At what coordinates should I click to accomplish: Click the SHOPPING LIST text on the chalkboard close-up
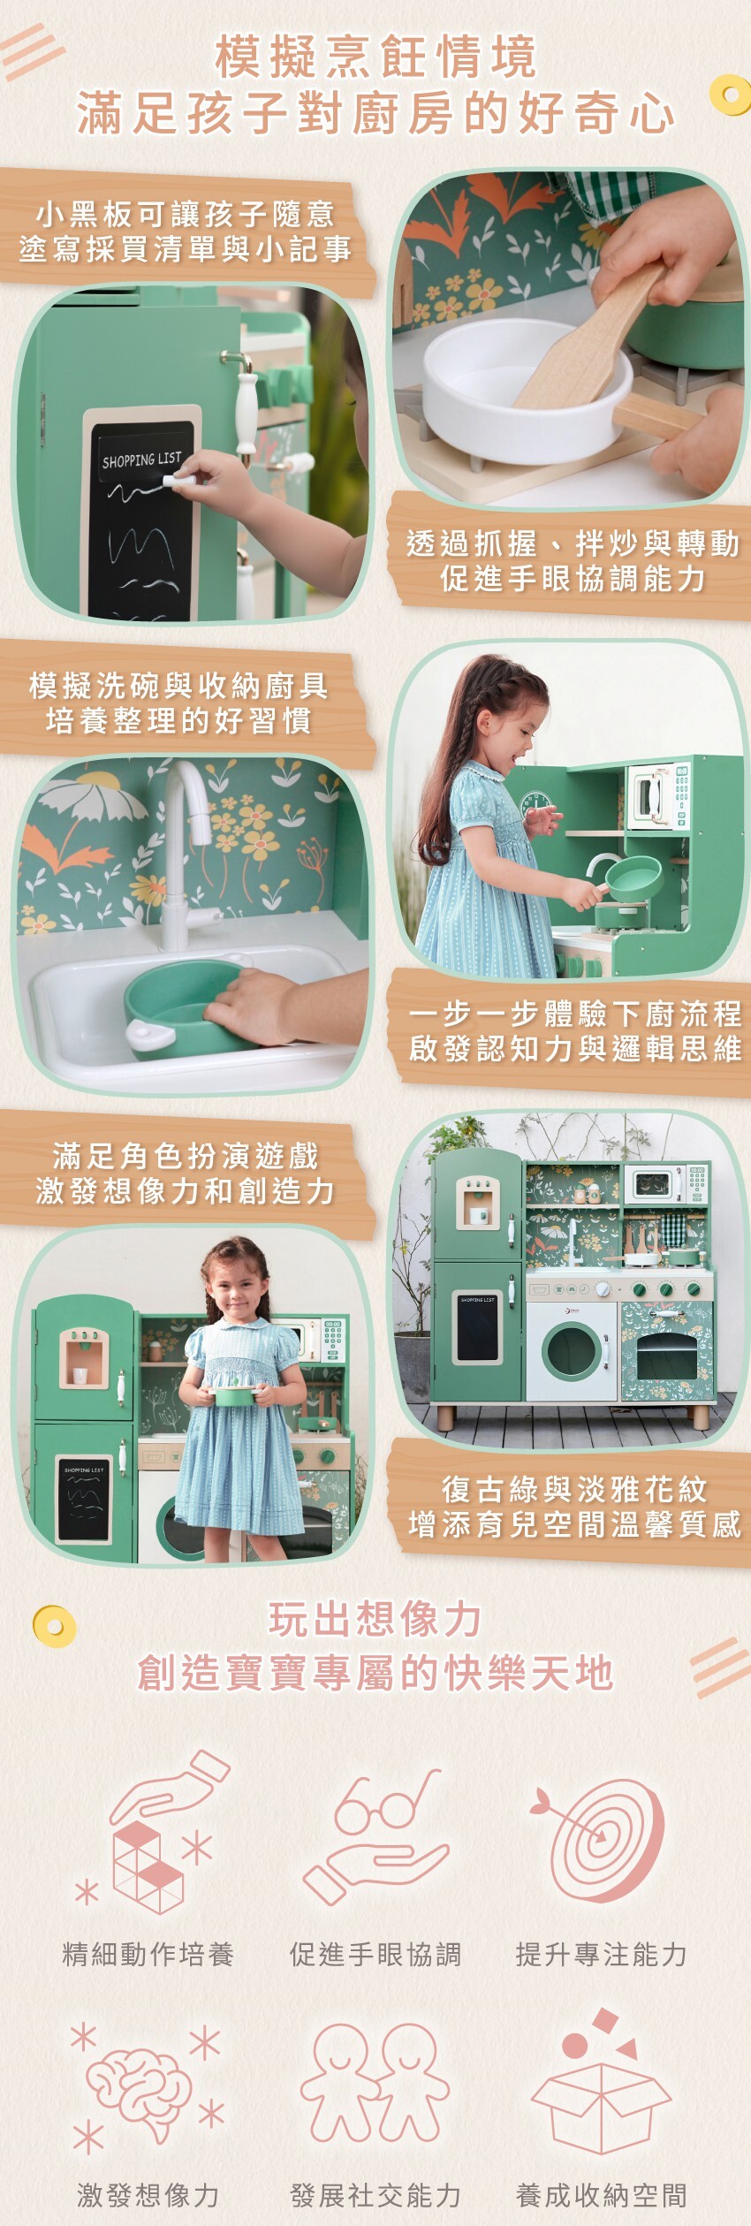click(141, 460)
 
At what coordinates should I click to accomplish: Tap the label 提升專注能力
click(601, 1954)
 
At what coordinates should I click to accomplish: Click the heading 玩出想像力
click(375, 1620)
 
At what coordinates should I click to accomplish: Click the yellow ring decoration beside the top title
click(729, 94)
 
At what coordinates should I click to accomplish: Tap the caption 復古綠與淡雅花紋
click(574, 1490)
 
